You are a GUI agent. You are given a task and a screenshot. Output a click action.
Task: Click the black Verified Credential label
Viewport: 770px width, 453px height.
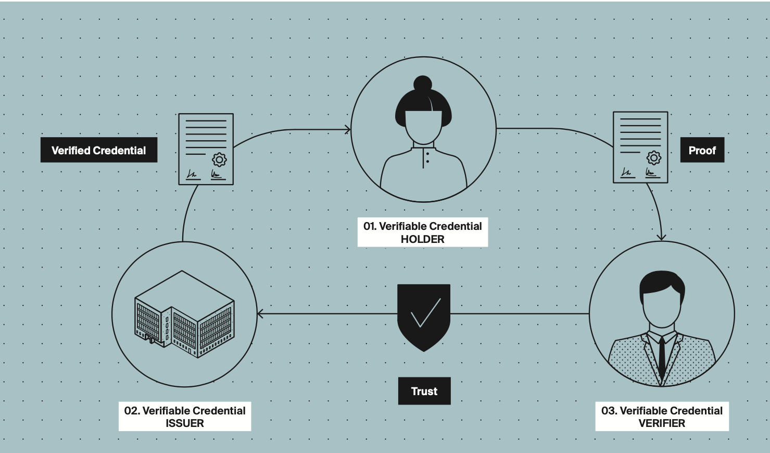[99, 150]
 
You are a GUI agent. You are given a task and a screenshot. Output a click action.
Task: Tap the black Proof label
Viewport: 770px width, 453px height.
[702, 150]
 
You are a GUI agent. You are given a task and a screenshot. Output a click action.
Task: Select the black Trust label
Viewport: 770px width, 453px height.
[424, 391]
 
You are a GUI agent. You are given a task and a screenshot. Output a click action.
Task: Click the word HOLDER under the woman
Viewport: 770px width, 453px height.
[422, 239]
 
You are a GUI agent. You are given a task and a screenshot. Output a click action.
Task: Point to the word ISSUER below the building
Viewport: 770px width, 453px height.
[185, 423]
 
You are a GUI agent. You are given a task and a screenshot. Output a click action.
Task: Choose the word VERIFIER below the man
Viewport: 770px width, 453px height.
[662, 423]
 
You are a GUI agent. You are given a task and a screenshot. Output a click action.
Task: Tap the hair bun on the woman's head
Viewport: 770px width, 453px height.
[423, 84]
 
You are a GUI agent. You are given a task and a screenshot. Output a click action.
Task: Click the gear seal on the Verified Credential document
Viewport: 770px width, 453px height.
[220, 160]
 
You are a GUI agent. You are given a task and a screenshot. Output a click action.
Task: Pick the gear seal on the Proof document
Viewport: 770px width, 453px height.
[654, 157]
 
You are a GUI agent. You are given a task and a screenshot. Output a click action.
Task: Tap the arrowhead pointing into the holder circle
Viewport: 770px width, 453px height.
[348, 130]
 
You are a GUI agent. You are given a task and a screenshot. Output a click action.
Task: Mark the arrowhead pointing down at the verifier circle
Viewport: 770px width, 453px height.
[661, 237]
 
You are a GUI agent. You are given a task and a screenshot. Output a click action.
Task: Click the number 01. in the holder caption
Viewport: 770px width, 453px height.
[370, 226]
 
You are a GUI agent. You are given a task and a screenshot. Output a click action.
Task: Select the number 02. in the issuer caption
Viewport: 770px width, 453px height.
[132, 411]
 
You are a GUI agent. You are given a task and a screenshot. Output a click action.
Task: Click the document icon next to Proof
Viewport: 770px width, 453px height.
[640, 147]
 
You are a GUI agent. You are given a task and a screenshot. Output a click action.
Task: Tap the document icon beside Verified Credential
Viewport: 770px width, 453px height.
[206, 149]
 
